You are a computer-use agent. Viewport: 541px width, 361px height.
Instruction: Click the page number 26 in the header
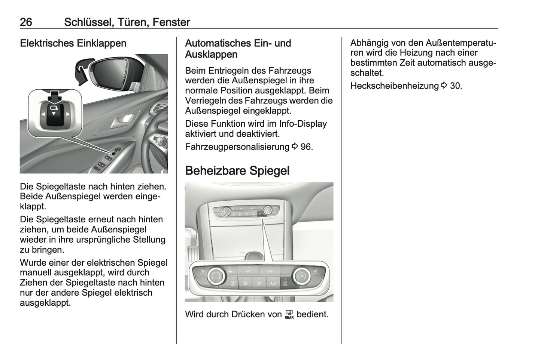26,22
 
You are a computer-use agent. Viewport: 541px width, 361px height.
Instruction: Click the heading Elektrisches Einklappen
73,43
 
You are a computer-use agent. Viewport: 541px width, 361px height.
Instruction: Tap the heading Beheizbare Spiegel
237,171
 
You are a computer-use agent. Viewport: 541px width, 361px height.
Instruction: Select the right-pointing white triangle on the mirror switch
67,114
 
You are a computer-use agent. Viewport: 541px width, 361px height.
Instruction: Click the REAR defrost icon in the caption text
289,315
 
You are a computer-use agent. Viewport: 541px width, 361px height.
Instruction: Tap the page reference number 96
306,147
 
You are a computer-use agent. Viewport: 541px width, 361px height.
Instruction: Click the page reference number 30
456,86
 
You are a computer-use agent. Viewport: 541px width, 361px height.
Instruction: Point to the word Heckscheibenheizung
394,86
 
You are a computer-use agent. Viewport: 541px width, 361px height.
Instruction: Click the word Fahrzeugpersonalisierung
237,147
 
